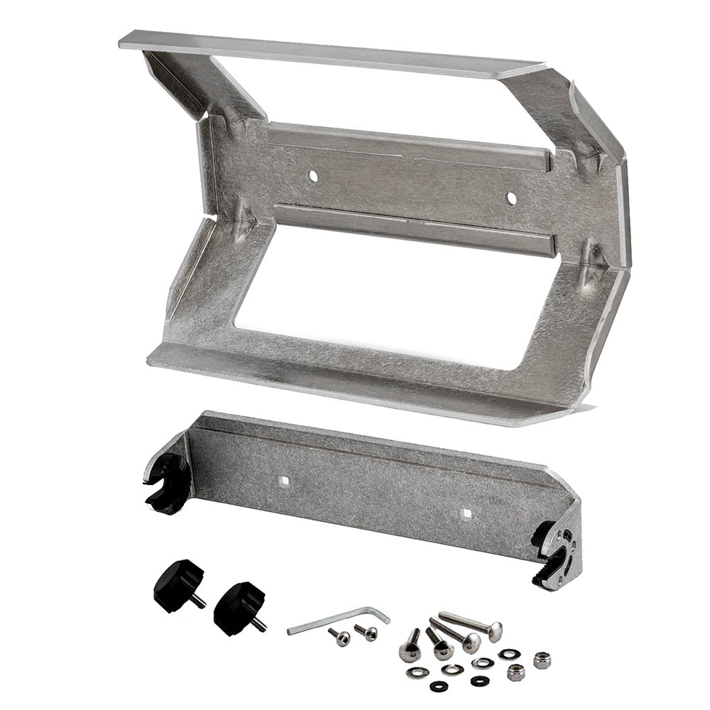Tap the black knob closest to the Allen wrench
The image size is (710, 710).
tap(239, 607)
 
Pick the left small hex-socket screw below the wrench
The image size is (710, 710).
tap(340, 636)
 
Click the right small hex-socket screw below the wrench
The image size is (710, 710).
tap(367, 631)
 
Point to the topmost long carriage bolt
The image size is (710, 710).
tap(472, 623)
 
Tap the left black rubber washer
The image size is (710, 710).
tap(438, 685)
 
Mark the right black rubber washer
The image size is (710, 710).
tap(480, 680)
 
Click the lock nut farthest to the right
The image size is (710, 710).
tap(542, 660)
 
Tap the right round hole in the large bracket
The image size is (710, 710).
tap(510, 198)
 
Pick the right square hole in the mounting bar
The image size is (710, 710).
tap(466, 512)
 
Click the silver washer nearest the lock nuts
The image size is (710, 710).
tap(508, 653)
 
